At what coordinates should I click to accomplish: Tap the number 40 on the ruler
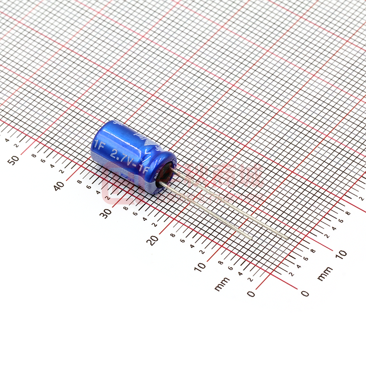tap(60, 186)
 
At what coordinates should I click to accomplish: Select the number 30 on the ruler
tap(107, 213)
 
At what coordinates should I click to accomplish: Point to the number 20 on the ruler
tap(153, 240)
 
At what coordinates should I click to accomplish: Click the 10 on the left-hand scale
tap(200, 266)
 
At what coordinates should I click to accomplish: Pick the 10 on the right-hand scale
tap(341, 254)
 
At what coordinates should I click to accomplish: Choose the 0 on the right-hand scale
tap(305, 293)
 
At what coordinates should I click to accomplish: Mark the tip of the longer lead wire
tap(288, 239)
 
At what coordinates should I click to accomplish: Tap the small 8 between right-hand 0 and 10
tap(313, 251)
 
